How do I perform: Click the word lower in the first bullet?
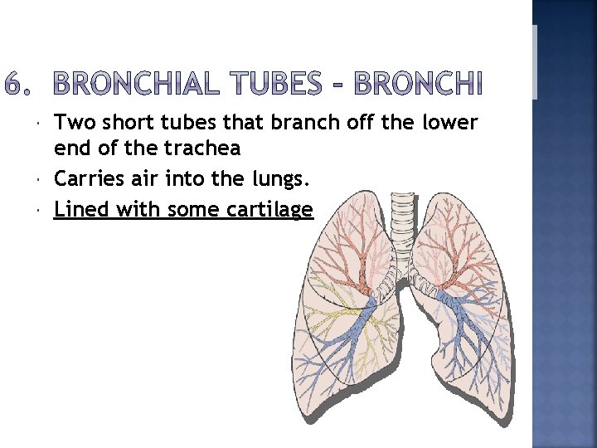pos(450,123)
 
